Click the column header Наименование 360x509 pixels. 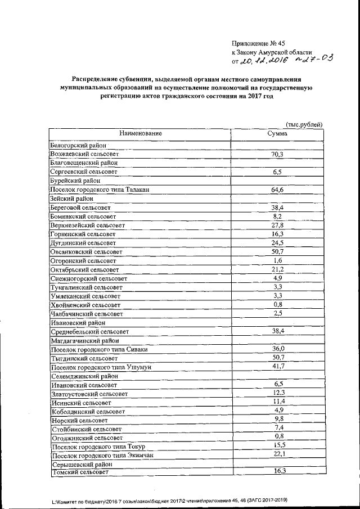click(x=140, y=133)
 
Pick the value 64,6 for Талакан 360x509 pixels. click(x=277, y=190)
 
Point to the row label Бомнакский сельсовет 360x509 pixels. click(x=83, y=216)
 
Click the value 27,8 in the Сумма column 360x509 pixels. click(x=277, y=225)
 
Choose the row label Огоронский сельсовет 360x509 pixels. click(x=83, y=261)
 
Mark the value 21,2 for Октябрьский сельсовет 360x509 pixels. click(x=277, y=269)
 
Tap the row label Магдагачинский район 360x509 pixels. click(x=85, y=340)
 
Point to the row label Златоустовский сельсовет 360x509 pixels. click(x=90, y=394)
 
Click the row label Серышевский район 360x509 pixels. click(x=82, y=465)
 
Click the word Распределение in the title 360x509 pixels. click(x=96, y=80)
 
